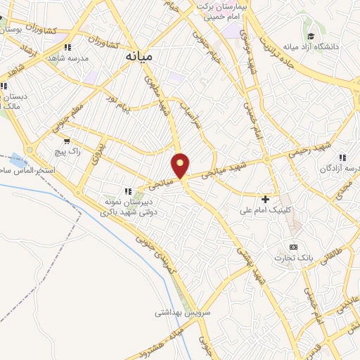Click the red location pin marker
pyautogui.click(x=181, y=165)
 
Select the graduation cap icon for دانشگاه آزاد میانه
pyautogui.click(x=309, y=37)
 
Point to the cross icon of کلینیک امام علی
pyautogui.click(x=265, y=200)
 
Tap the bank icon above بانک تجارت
pyautogui.click(x=293, y=247)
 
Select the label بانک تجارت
pyautogui.click(x=295, y=258)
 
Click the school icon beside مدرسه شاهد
pyautogui.click(x=67, y=48)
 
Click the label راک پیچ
pyautogui.click(x=68, y=151)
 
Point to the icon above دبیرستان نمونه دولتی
pyautogui.click(x=127, y=191)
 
